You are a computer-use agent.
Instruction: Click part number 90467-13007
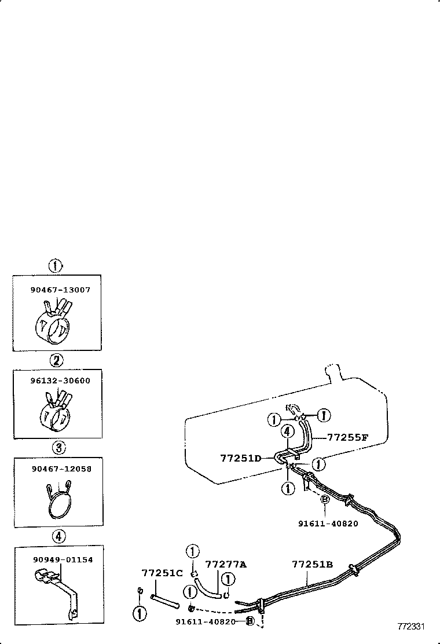point(60,290)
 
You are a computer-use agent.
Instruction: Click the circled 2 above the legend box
point(56,361)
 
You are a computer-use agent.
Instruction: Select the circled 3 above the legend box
point(57,448)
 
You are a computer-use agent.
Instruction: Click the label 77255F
point(347,438)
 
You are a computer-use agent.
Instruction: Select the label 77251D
point(240,458)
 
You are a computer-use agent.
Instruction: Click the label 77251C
point(162,573)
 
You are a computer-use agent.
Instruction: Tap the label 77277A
point(226,564)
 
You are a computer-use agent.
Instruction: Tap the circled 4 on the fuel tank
point(286,431)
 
